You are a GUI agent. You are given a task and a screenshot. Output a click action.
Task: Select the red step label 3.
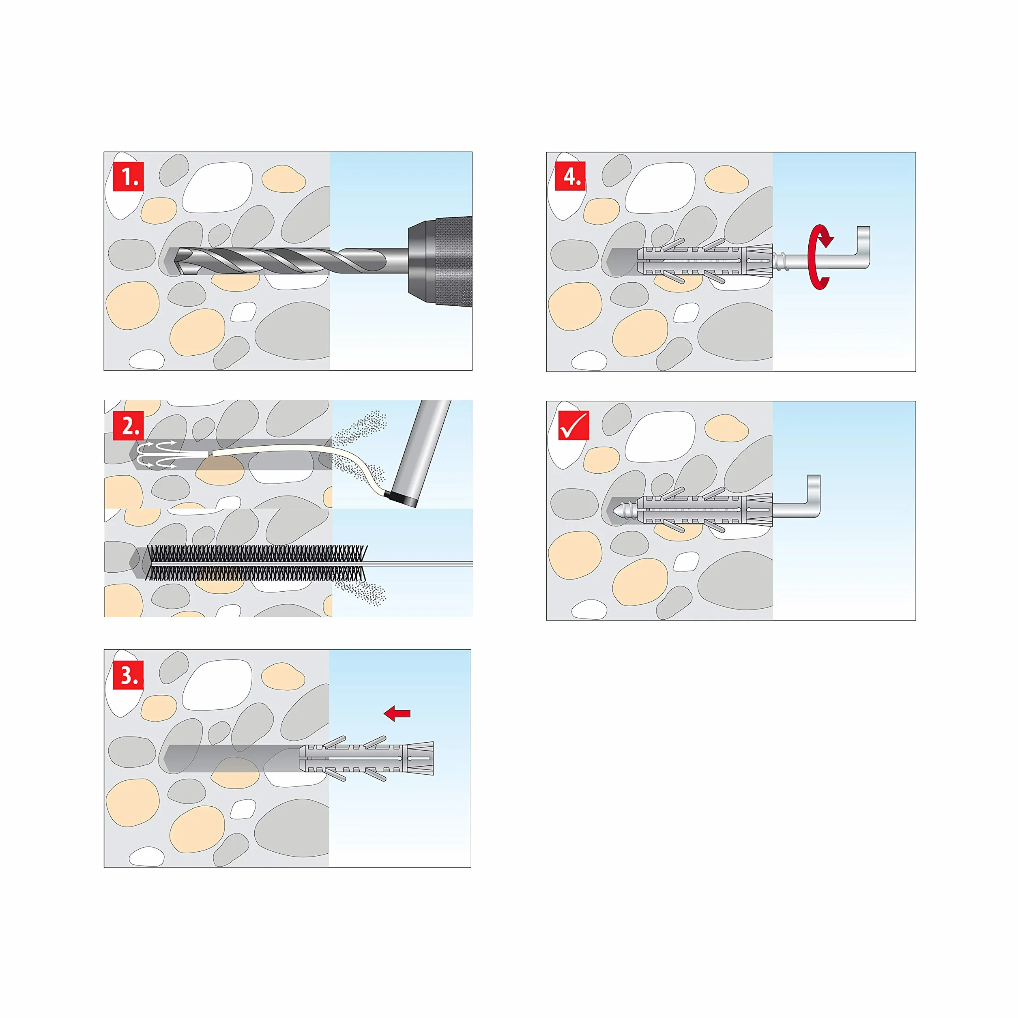128,674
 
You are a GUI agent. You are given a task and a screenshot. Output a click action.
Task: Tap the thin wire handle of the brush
419,564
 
